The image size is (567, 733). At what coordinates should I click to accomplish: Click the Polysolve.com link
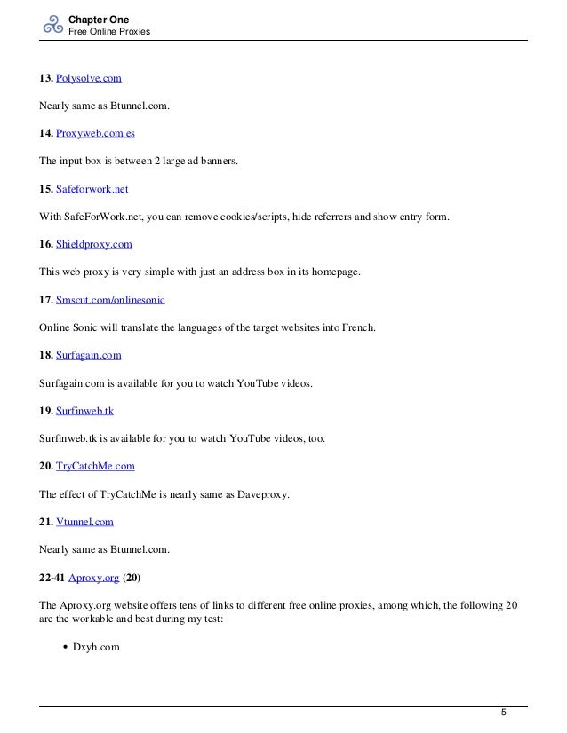(88, 79)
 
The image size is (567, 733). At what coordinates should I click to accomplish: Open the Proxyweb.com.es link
(95, 134)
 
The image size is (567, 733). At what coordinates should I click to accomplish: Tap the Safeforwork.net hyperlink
(92, 189)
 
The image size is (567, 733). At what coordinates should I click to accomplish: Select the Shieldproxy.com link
(94, 245)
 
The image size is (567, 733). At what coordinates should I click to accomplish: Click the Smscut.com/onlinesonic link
(111, 300)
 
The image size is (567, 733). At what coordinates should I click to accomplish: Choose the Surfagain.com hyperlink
(88, 355)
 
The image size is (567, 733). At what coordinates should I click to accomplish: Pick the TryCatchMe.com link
(95, 466)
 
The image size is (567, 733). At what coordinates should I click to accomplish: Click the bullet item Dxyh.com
(95, 648)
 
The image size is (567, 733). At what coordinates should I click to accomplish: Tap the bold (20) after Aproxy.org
(132, 577)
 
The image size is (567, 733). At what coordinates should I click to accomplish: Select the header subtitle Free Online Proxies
(109, 32)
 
